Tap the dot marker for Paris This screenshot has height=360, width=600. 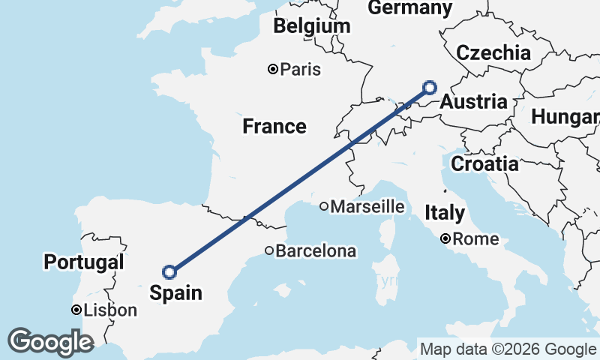pos(274,70)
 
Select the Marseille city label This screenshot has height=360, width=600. pos(367,206)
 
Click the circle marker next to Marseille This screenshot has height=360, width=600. pos(324,206)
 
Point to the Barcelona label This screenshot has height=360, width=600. pos(316,251)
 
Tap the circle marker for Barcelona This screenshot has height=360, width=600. pos(269,250)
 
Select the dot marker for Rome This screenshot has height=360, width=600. pos(445,239)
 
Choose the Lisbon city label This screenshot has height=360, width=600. pos(111,310)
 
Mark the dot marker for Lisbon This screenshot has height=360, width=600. pos(76,310)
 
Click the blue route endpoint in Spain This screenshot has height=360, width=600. pos(169,271)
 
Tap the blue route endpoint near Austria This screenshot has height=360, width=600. pos(430,87)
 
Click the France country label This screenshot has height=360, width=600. pos(274,127)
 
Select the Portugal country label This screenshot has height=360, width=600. pos(83,262)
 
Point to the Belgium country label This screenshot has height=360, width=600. pos(312,27)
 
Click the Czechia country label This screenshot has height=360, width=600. pos(493,53)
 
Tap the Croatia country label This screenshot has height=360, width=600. pos(484,163)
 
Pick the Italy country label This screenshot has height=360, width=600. pos(445,213)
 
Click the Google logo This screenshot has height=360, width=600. pos(50,342)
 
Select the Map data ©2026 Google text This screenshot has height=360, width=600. pos(508,349)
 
